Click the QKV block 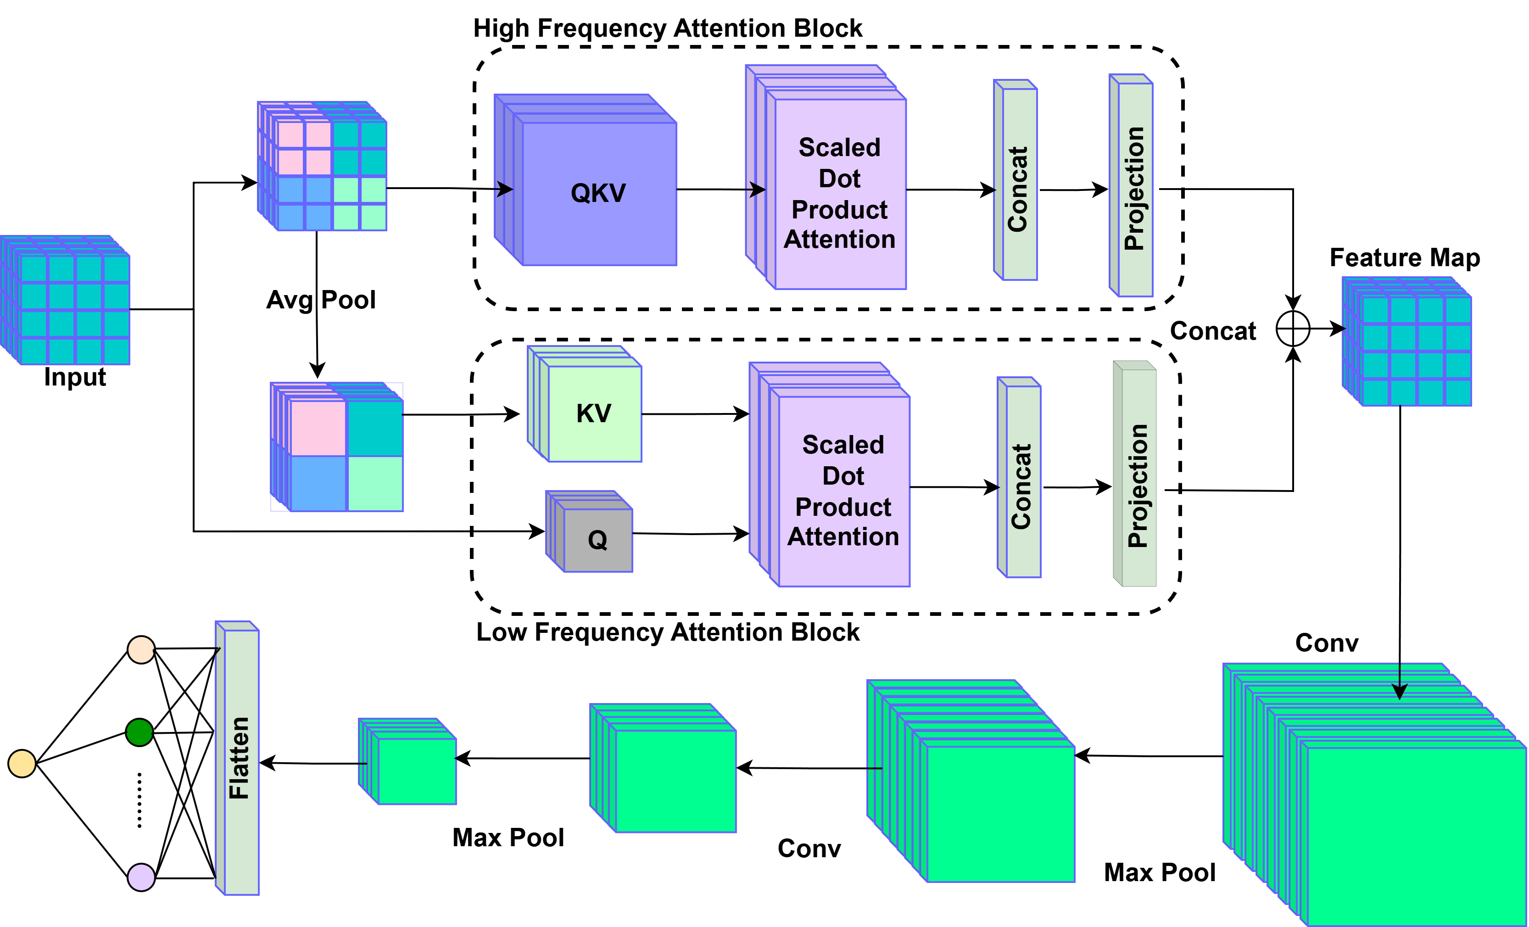(598, 193)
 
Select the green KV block (594, 413)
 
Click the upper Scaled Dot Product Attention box (840, 193)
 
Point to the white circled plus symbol (1293, 329)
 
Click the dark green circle (140, 732)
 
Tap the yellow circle (22, 763)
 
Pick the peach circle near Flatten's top (141, 650)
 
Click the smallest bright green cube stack (416, 770)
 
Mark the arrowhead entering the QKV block (506, 189)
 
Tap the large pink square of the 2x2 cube (318, 428)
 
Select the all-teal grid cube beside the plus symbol (1415, 351)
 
